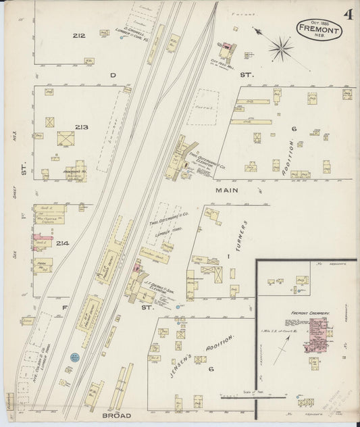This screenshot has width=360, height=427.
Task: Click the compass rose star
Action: tap(281, 47)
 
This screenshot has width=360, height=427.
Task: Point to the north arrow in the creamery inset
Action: tap(286, 341)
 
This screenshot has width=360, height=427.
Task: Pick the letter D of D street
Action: tap(113, 74)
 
